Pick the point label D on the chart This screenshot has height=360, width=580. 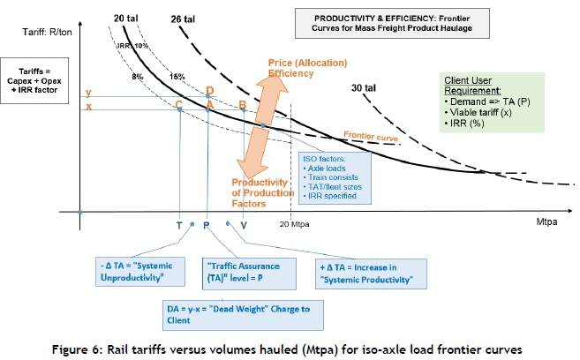click(x=209, y=90)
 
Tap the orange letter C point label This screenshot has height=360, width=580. click(x=179, y=106)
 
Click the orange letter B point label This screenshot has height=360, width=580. click(x=243, y=105)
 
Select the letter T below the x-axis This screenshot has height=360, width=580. click(x=179, y=225)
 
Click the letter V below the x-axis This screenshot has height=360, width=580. click(x=244, y=225)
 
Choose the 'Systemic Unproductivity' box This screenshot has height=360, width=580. click(x=145, y=272)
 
